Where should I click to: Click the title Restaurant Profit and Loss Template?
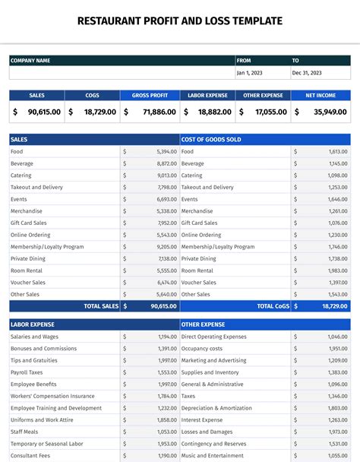pyautogui.click(x=180, y=21)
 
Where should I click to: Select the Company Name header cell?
pyautogui.click(x=30, y=61)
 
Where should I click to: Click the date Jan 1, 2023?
pyautogui.click(x=250, y=73)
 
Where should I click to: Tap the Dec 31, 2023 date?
pyautogui.click(x=307, y=73)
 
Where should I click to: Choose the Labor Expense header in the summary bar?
pyautogui.click(x=207, y=96)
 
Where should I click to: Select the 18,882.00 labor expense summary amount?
pyautogui.click(x=214, y=112)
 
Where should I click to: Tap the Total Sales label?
pyautogui.click(x=101, y=306)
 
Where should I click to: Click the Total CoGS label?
pyautogui.click(x=273, y=306)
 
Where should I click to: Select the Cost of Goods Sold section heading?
pyautogui.click(x=212, y=140)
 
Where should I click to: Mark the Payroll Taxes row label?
pyautogui.click(x=27, y=372)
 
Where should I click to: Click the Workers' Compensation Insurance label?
pyautogui.click(x=52, y=396)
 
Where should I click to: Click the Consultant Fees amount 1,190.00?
pyautogui.click(x=166, y=455)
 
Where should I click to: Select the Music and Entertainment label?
pyautogui.click(x=214, y=455)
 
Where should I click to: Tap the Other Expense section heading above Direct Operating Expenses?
pyautogui.click(x=203, y=324)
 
